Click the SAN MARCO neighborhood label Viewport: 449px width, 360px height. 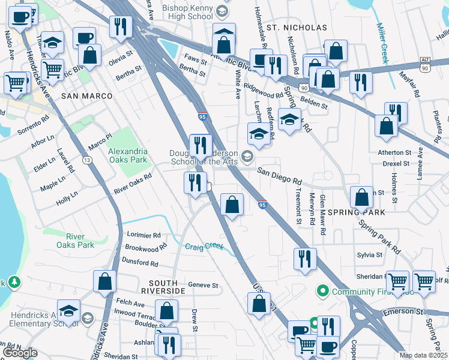click(x=87, y=96)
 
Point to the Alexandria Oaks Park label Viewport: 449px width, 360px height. click(x=127, y=155)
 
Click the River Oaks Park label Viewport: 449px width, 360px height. click(x=76, y=241)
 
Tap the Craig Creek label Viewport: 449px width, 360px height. click(x=204, y=247)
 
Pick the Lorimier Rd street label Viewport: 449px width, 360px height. click(x=142, y=235)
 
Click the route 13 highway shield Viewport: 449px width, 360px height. click(x=88, y=160)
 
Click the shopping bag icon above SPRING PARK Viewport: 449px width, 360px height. click(x=361, y=197)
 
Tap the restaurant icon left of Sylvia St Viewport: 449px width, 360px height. click(x=305, y=259)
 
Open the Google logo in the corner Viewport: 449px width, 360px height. click(x=20, y=353)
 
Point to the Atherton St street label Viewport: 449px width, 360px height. click(x=393, y=152)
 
